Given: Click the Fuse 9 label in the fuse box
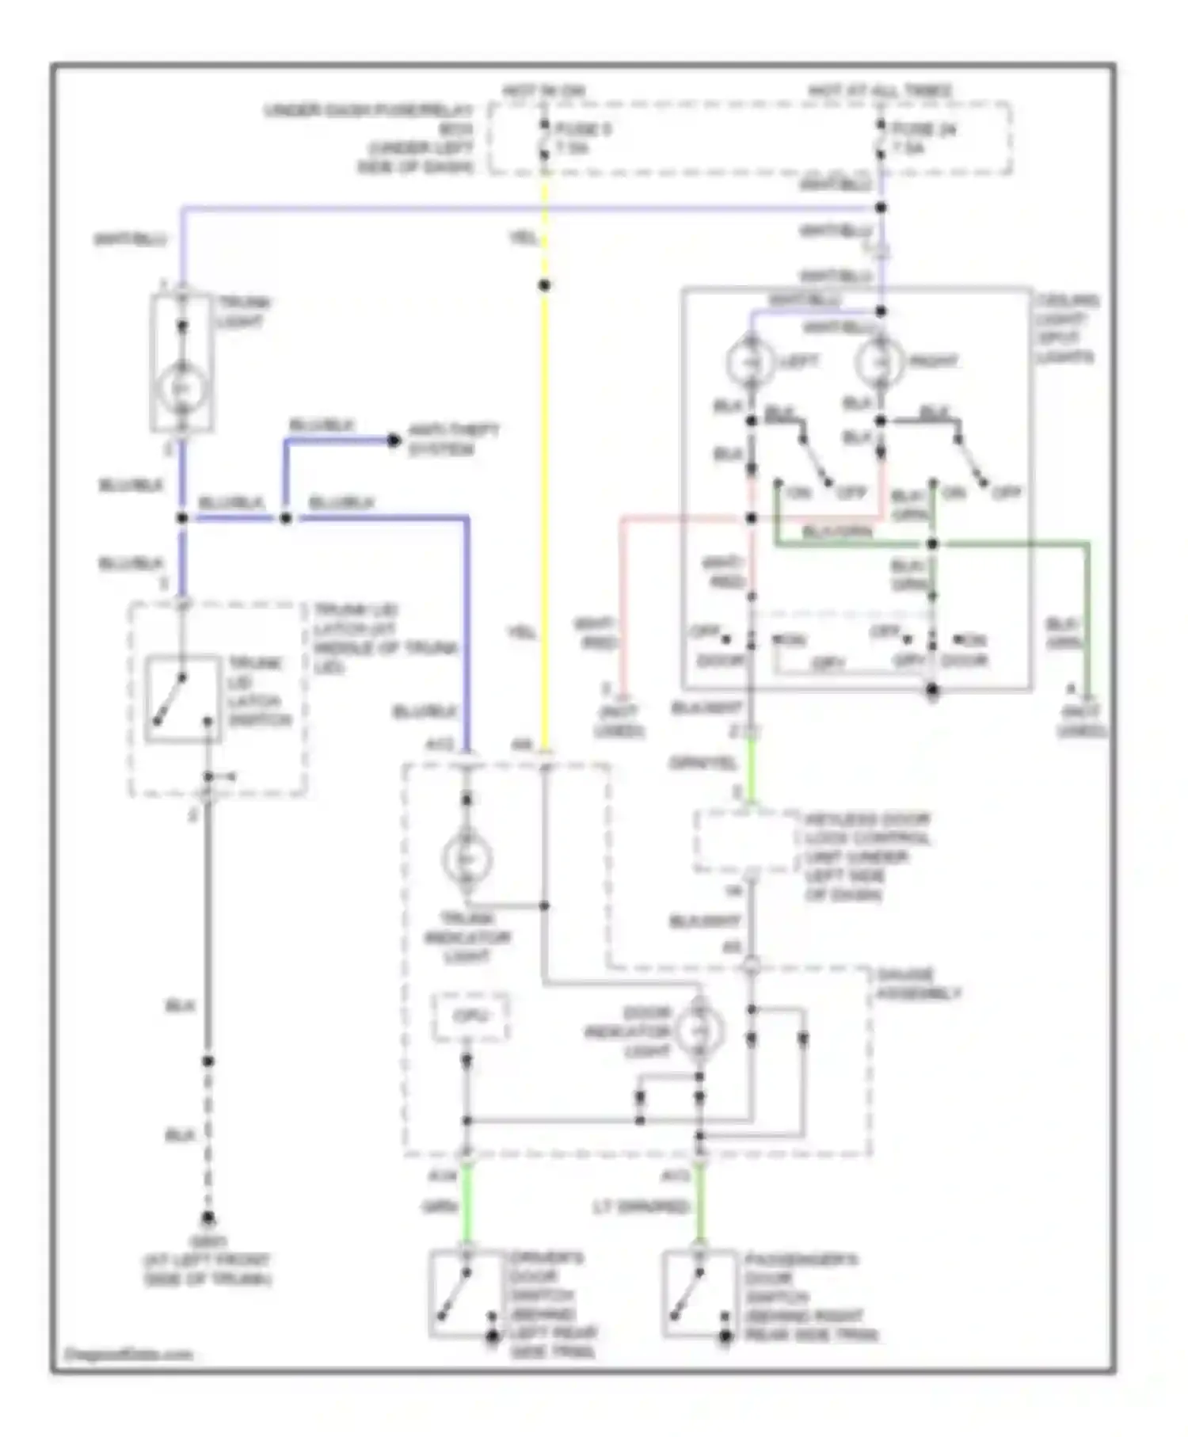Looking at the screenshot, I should [x=582, y=128].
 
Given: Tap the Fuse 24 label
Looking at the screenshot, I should [x=923, y=128].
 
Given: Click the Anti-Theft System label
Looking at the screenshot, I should [x=452, y=440].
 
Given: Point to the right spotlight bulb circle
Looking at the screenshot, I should [x=879, y=362].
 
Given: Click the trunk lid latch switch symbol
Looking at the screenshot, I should [x=182, y=699].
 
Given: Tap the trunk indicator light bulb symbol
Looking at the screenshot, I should [x=466, y=860].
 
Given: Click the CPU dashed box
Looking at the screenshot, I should [x=470, y=1016].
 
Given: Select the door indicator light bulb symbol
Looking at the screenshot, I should [x=699, y=1030].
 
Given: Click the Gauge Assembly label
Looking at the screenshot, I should [x=917, y=984].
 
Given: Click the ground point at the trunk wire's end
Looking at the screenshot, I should [x=208, y=1218].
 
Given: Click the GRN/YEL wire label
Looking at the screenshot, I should [x=703, y=764].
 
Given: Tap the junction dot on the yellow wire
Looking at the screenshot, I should [x=544, y=285].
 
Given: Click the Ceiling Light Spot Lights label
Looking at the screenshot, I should [x=1066, y=329].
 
